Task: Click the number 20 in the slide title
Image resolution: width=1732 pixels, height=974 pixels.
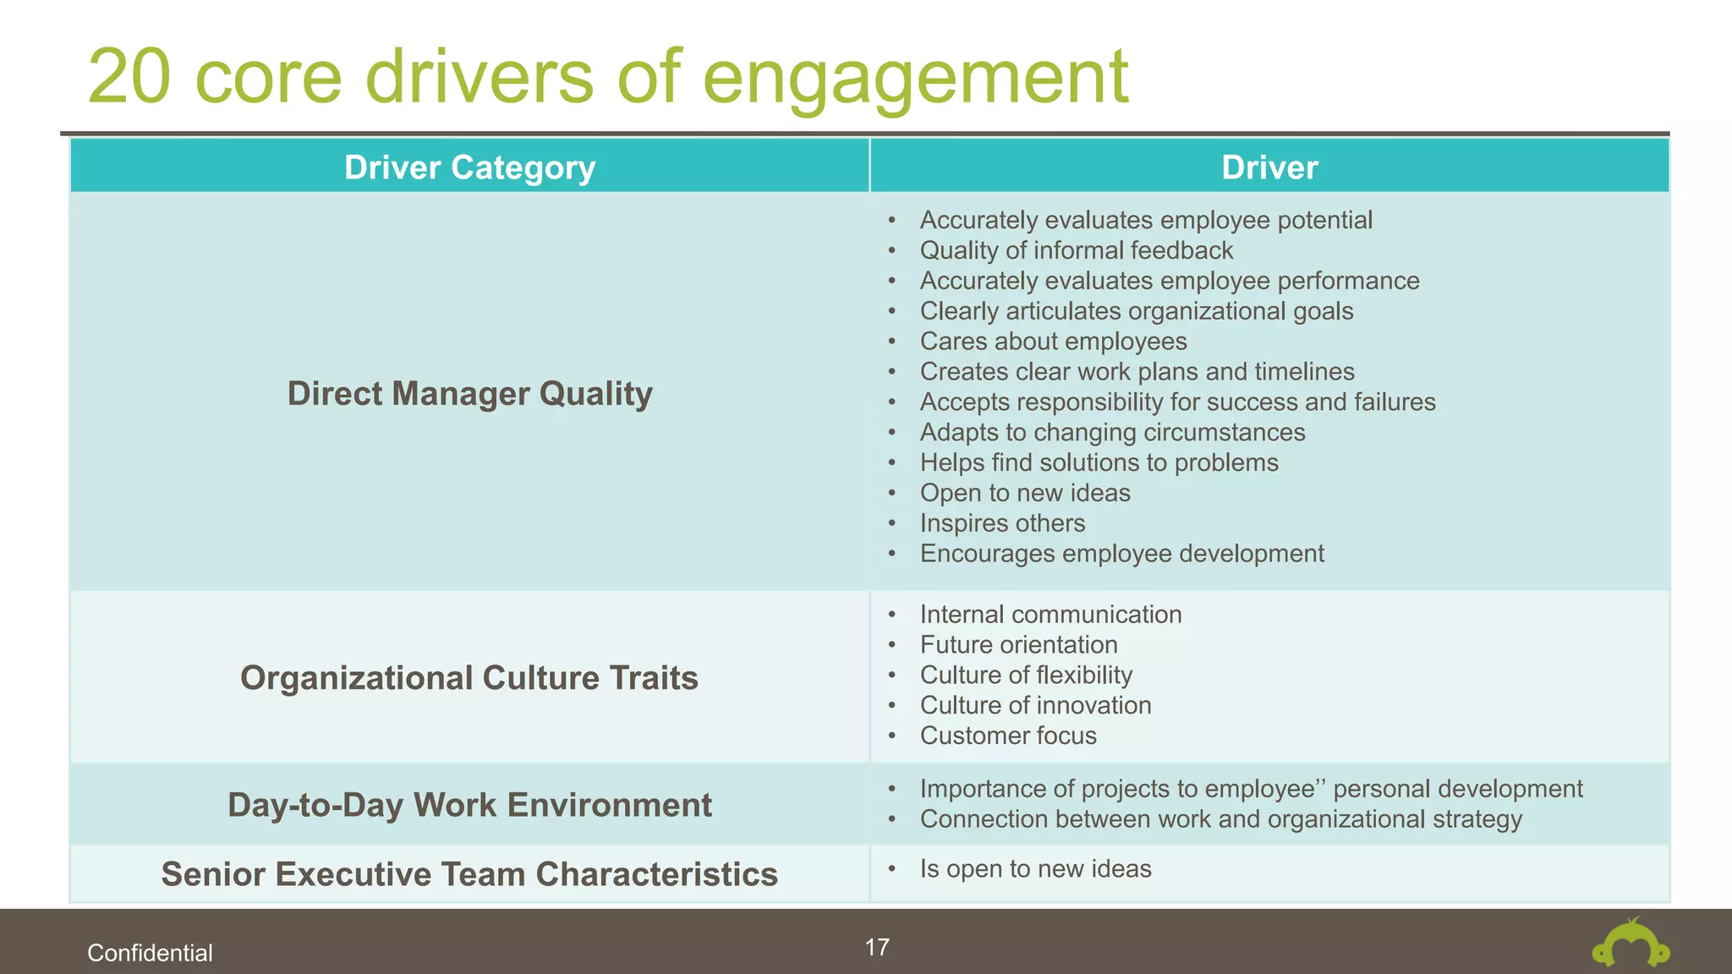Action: click(129, 77)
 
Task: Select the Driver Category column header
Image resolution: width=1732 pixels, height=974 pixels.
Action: click(469, 167)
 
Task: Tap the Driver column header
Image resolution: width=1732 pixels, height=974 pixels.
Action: click(1269, 167)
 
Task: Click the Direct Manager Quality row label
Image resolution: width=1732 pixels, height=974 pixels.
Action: click(469, 394)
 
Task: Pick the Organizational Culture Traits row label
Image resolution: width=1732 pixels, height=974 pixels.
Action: click(469, 678)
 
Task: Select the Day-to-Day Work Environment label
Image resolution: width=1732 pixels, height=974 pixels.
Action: click(469, 805)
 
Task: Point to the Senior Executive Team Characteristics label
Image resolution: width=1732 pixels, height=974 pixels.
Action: click(469, 874)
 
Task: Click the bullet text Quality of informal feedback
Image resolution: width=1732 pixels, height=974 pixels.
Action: click(1076, 250)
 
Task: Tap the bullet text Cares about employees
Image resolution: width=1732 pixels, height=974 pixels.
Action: click(1053, 342)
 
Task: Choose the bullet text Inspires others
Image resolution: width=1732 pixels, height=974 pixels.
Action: click(1002, 523)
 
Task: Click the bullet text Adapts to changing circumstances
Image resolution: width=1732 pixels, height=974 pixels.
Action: click(1112, 433)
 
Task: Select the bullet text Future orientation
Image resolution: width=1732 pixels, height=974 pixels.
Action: click(1018, 645)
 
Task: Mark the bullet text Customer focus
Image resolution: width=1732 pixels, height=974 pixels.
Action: click(1008, 736)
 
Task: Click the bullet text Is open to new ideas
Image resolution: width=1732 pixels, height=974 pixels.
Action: click(1035, 869)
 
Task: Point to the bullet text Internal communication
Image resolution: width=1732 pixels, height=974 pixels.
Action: click(1050, 615)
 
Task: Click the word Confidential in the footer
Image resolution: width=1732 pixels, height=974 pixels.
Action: click(150, 953)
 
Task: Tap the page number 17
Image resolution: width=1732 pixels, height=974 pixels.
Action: click(877, 947)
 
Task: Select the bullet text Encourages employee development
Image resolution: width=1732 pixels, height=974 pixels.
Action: click(1121, 554)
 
